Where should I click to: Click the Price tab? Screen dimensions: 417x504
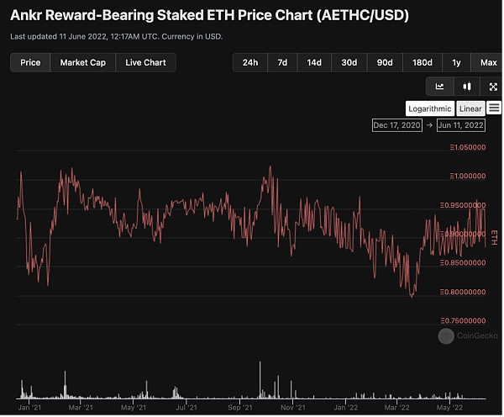[30, 62]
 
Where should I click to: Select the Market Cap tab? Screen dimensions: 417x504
[83, 62]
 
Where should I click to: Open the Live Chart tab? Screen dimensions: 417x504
[145, 62]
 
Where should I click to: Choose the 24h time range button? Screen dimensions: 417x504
[250, 62]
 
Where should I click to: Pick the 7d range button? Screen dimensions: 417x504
[282, 62]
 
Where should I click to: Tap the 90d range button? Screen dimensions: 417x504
[385, 62]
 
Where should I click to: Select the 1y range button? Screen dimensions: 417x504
[456, 62]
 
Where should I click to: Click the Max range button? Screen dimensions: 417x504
[488, 62]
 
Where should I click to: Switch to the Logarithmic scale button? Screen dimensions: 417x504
[429, 108]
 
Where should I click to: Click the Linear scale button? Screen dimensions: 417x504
[470, 108]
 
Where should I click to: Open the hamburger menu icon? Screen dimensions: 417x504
[493, 108]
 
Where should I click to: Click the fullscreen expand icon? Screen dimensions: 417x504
[493, 86]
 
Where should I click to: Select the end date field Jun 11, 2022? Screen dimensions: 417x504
[460, 125]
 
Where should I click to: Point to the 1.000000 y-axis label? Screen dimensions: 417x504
[469, 176]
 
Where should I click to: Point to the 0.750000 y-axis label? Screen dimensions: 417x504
[469, 320]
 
